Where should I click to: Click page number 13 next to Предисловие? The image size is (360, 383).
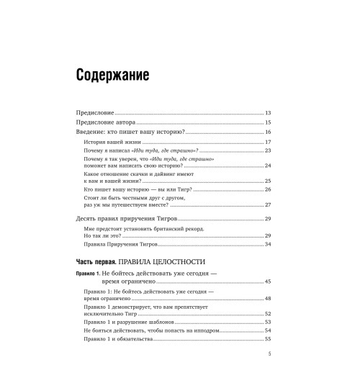pos(266,114)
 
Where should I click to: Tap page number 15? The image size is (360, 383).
pos(266,123)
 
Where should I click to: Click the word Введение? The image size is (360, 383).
pos(94,132)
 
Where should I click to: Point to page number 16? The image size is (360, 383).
pos(266,132)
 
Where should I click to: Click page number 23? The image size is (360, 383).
pos(267,151)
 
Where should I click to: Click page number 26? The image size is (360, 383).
pos(267,189)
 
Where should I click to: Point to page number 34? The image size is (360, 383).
pos(267,245)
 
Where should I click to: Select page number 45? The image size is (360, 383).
pos(267,281)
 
